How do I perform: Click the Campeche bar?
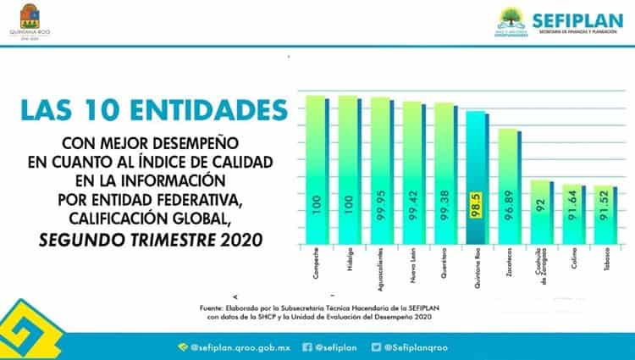(315, 169)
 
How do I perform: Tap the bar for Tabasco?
(603, 213)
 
